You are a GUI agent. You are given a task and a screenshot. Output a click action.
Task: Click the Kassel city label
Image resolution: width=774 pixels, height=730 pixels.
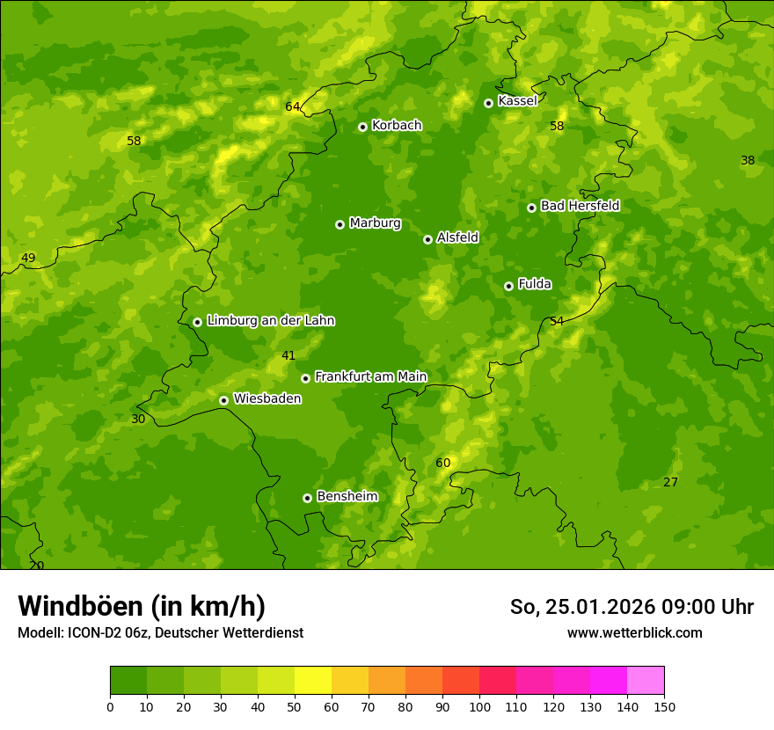(x=517, y=101)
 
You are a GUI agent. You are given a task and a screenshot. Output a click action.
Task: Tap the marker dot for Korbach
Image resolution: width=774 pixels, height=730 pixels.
(x=362, y=127)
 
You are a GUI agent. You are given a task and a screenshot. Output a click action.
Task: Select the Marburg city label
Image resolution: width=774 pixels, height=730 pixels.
(x=375, y=223)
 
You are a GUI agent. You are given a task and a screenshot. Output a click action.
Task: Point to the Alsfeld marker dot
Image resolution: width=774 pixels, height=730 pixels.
(x=427, y=239)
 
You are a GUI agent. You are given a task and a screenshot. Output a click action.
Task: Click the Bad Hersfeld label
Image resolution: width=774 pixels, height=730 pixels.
(x=580, y=206)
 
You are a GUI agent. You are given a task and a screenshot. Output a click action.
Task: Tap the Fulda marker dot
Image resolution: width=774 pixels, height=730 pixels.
(x=508, y=286)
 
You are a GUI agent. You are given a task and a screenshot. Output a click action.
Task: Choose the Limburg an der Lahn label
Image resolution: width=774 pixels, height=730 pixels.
(x=270, y=321)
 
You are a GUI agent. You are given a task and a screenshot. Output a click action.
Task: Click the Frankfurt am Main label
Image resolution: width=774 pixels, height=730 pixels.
(x=370, y=376)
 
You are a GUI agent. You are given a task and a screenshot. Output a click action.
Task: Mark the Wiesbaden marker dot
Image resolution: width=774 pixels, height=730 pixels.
(x=223, y=400)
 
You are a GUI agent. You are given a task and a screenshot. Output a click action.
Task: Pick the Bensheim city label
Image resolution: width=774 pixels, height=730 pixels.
(x=347, y=496)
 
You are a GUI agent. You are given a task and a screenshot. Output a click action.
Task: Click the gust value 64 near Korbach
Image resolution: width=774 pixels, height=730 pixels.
(x=293, y=107)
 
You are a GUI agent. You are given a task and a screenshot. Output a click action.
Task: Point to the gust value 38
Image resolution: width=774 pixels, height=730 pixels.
(x=748, y=161)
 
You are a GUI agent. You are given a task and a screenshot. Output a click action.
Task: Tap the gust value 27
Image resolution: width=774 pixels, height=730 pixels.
(x=671, y=483)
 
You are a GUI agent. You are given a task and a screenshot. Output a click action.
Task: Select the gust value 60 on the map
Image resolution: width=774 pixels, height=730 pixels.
(x=443, y=464)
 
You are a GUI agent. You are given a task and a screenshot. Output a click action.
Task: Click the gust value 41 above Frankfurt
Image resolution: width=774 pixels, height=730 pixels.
(x=288, y=356)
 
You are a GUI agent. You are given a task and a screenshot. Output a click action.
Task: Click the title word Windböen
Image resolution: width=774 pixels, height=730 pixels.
(x=80, y=606)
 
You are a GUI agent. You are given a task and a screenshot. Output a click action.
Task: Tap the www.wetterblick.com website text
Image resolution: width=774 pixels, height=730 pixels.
(x=634, y=632)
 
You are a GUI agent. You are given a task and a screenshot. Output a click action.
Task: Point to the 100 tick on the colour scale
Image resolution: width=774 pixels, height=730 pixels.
(x=479, y=706)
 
